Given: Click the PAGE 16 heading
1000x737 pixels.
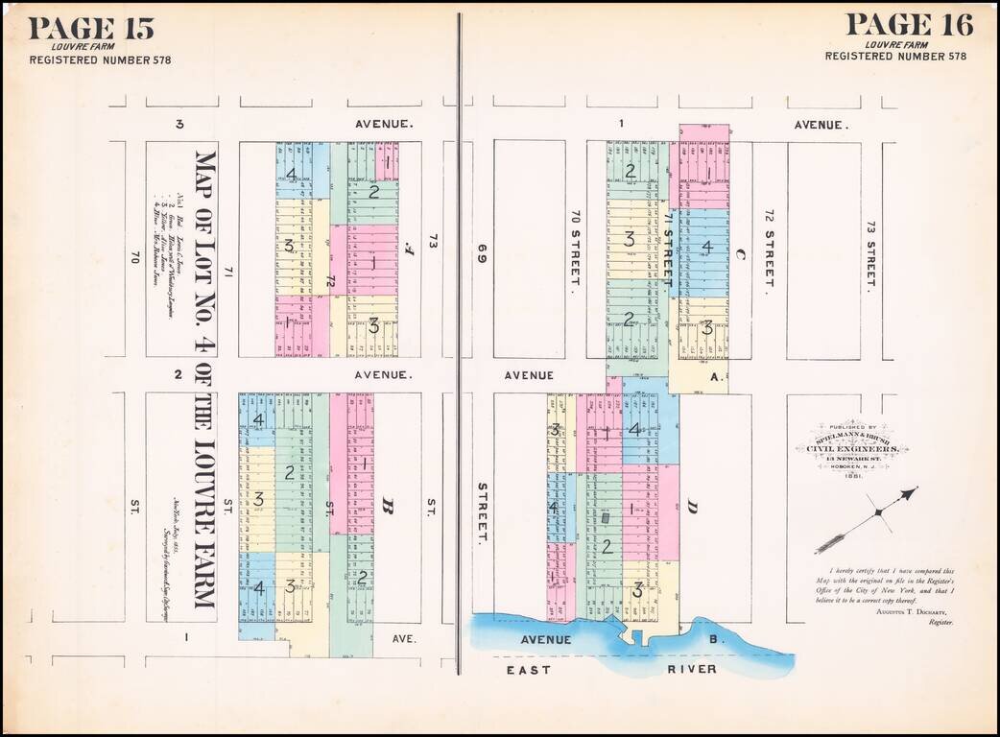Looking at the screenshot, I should pos(909,24).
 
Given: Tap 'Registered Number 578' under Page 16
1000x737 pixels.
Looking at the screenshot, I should pos(895,56).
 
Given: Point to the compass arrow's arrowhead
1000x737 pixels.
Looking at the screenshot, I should pos(908,493).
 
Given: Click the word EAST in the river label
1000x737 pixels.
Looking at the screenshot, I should pos(529,669).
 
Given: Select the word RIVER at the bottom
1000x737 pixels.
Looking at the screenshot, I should pos(691,669).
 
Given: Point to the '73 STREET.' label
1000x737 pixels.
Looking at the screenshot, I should pos(870,250).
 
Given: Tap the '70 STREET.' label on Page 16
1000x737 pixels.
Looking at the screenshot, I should pos(575,249).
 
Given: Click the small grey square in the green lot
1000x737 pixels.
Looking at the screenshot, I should pos(607,517).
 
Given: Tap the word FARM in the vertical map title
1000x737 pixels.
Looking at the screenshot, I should pos(202,572).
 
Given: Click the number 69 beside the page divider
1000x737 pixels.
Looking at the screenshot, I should pos(478,253).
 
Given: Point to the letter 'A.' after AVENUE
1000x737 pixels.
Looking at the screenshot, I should pos(715,376).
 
